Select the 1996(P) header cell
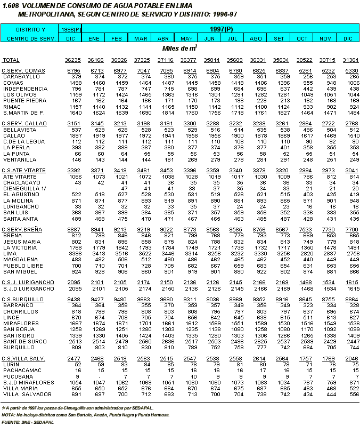71,29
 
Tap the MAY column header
186,38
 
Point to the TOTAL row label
11,60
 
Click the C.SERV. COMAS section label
23,71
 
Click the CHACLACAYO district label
20,182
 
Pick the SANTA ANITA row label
20,219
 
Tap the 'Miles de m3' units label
179,48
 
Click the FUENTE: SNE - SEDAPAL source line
25,421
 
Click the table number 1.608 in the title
11,4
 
